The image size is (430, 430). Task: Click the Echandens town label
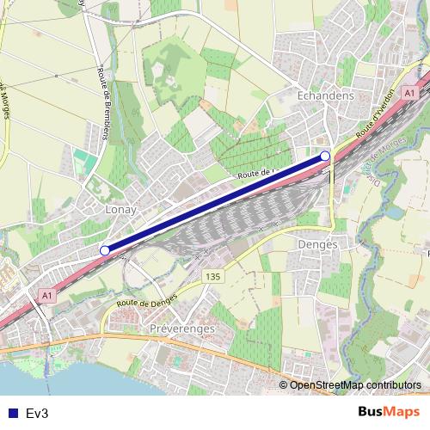(326, 96)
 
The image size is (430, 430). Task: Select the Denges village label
(315, 245)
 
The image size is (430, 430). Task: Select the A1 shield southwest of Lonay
(46, 294)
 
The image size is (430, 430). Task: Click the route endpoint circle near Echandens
(325, 155)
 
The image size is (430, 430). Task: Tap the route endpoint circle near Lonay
(105, 250)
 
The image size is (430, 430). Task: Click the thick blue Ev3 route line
(215, 202)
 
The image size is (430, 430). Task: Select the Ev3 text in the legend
(37, 413)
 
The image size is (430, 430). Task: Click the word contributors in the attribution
(395, 385)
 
